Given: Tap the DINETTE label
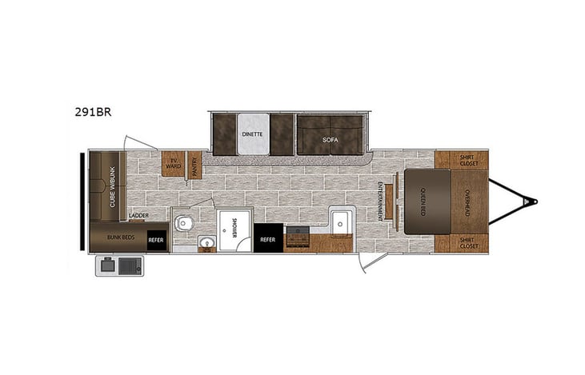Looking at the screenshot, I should (252, 134).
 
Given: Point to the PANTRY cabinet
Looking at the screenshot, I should (194, 165).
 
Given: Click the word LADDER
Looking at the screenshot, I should (138, 216).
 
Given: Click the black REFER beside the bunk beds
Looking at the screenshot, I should (157, 237).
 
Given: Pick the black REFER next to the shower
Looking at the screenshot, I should (267, 238).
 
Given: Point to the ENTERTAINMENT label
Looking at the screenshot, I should (380, 197).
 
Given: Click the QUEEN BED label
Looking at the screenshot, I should (423, 201).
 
